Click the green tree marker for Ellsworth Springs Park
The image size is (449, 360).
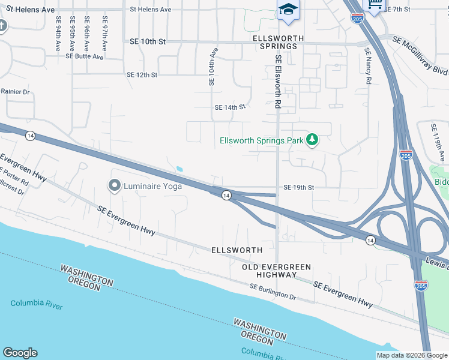pos(312,140)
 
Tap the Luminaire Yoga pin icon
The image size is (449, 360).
pos(114,186)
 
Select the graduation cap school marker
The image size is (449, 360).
pos(288,10)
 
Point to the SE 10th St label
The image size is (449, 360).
pos(147,41)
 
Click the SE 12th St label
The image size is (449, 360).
pos(142,75)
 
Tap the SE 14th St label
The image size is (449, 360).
pos(231,107)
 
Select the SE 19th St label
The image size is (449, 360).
pos(298,188)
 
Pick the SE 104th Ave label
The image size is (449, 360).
pos(212,67)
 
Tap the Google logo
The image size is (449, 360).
pos(20,353)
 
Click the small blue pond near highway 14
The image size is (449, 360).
pos(179,169)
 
